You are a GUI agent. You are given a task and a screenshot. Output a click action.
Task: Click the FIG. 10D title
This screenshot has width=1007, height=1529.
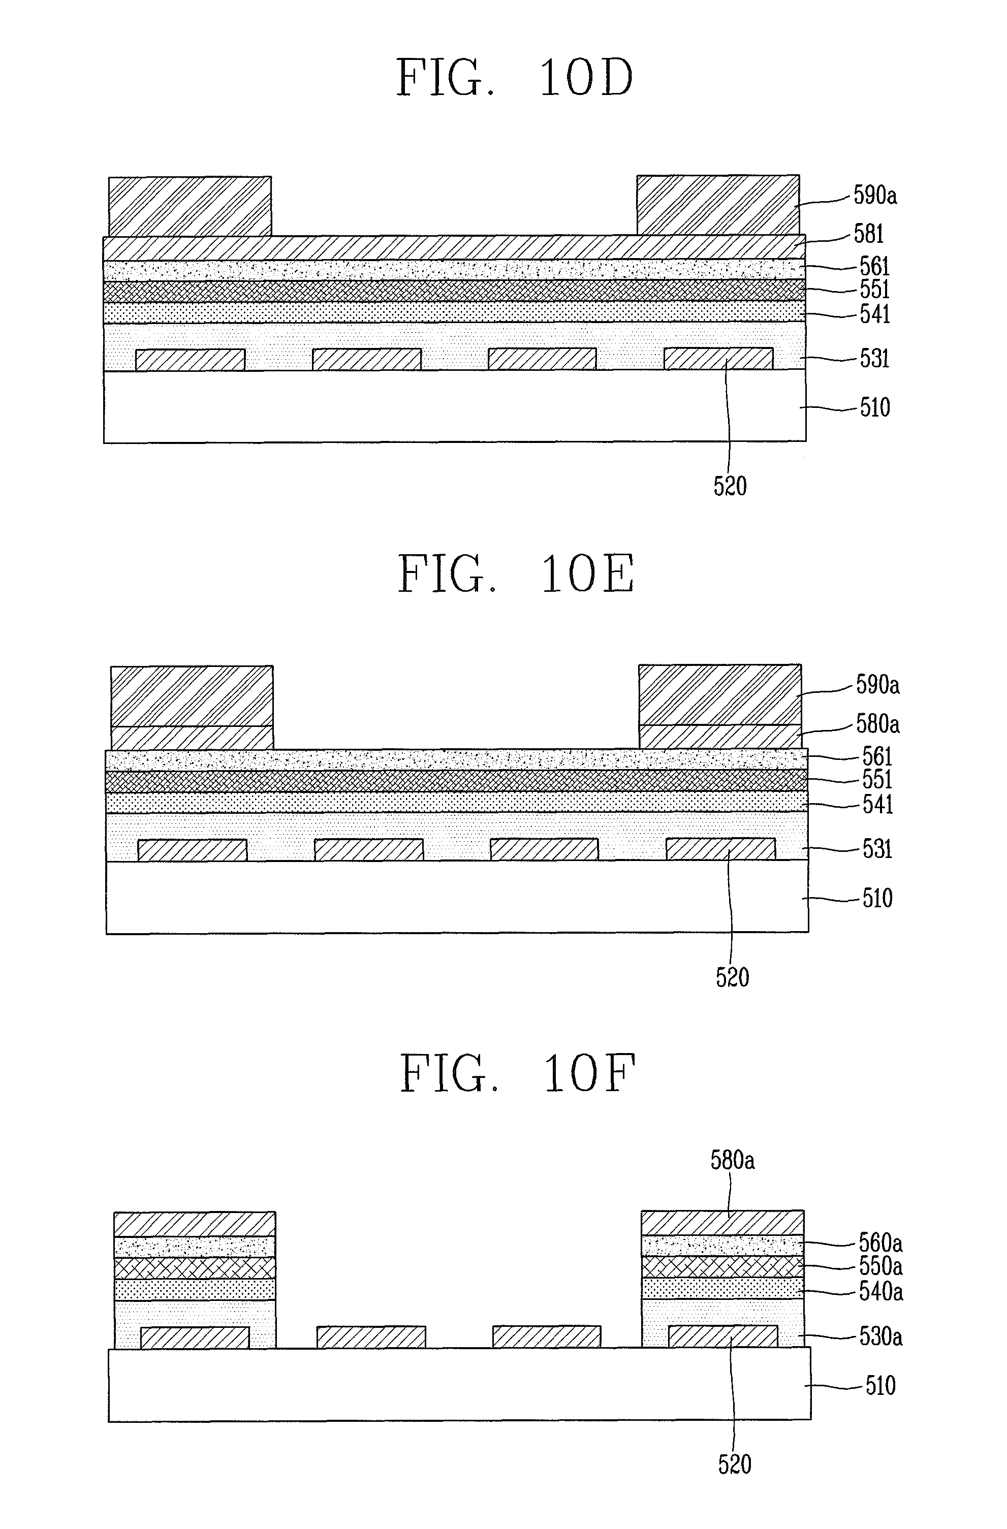click(x=515, y=78)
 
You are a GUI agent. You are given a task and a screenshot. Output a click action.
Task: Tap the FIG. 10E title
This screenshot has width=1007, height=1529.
click(x=516, y=574)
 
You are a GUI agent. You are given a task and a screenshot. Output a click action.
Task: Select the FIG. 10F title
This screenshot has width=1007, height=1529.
click(x=517, y=1074)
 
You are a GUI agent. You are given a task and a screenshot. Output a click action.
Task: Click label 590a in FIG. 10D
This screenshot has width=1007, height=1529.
click(x=874, y=195)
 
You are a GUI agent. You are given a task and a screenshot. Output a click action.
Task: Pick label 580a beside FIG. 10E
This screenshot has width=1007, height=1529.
click(x=877, y=725)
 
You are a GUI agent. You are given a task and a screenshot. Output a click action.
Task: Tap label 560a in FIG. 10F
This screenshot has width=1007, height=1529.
click(x=880, y=1243)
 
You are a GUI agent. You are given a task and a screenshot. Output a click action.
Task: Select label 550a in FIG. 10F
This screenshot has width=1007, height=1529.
click(x=880, y=1266)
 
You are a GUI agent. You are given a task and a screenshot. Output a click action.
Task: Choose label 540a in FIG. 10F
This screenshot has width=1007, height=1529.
click(x=880, y=1291)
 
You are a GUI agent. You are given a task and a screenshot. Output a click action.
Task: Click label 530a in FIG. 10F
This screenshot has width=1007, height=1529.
click(x=880, y=1337)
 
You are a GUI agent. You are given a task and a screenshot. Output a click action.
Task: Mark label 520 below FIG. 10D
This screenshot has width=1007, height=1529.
click(x=730, y=486)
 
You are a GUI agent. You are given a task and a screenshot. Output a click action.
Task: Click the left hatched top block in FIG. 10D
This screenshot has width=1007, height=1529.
click(x=190, y=206)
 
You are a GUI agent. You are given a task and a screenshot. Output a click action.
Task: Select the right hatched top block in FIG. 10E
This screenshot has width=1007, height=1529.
click(x=720, y=694)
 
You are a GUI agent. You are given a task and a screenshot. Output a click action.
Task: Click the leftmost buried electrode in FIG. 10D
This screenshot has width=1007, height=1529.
click(x=190, y=360)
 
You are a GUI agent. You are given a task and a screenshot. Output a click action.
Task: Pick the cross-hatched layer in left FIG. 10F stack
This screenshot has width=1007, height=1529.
click(x=195, y=1267)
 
